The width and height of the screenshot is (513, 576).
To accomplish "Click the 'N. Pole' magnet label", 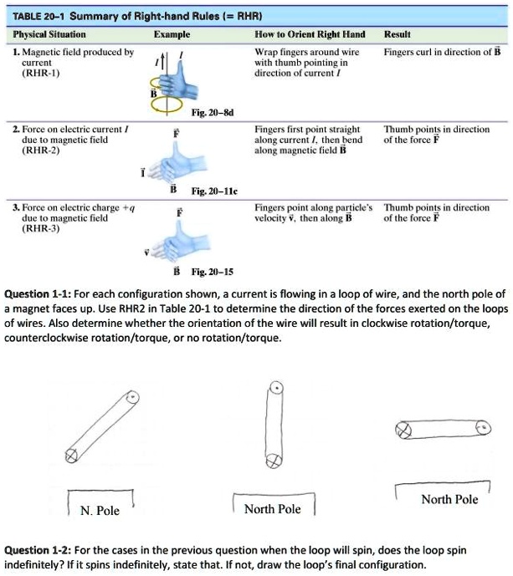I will click(x=100, y=510).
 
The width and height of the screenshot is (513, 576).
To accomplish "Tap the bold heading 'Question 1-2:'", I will click(x=39, y=549).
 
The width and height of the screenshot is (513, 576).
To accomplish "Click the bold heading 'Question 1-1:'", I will click(x=39, y=294).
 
